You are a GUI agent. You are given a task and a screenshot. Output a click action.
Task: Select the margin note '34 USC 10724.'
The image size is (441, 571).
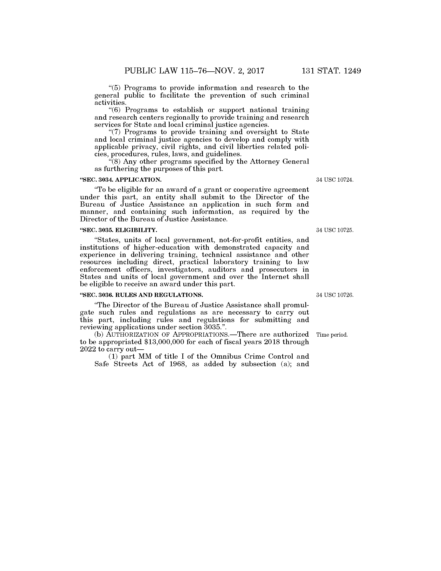tap(335, 180)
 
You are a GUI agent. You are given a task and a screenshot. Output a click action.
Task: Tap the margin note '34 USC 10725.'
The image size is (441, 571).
tap(335, 230)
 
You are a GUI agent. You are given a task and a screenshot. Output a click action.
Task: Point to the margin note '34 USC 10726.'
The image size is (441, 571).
tap(335, 295)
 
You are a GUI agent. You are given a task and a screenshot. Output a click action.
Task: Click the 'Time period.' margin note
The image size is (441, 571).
tap(332, 335)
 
